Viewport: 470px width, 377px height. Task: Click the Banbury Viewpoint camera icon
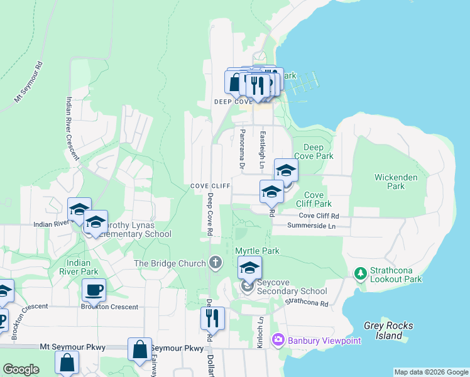pyautogui.click(x=278, y=340)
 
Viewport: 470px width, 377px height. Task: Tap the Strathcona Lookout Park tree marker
pyautogui.click(x=360, y=273)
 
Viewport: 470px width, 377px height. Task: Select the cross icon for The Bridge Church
pyautogui.click(x=216, y=263)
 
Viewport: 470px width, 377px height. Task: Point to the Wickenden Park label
pyautogui.click(x=396, y=182)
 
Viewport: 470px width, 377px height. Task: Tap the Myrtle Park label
pyautogui.click(x=257, y=251)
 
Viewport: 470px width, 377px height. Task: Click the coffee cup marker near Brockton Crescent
pyautogui.click(x=94, y=290)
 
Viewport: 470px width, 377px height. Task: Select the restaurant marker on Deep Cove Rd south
pyautogui.click(x=212, y=318)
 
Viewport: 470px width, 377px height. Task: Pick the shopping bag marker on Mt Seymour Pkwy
pyautogui.click(x=140, y=349)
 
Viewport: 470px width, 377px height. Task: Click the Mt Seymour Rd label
pyautogui.click(x=29, y=82)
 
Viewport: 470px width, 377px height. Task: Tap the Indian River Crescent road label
pyautogui.click(x=72, y=129)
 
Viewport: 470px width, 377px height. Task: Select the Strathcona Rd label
pyautogui.click(x=307, y=302)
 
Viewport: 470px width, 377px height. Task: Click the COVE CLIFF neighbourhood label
pyautogui.click(x=211, y=187)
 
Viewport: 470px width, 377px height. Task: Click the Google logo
pyautogui.click(x=21, y=369)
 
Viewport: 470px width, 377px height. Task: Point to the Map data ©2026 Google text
pyautogui.click(x=430, y=372)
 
